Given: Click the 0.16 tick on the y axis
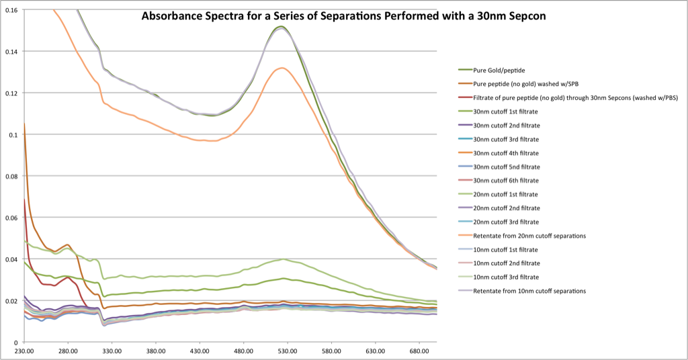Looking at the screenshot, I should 11,10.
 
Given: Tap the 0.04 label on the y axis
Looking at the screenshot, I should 11,259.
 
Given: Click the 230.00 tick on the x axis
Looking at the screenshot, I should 24,351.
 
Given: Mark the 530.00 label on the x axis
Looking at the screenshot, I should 288,351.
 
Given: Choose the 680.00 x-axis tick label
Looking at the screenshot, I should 419,351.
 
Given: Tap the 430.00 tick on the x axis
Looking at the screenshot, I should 200,351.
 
